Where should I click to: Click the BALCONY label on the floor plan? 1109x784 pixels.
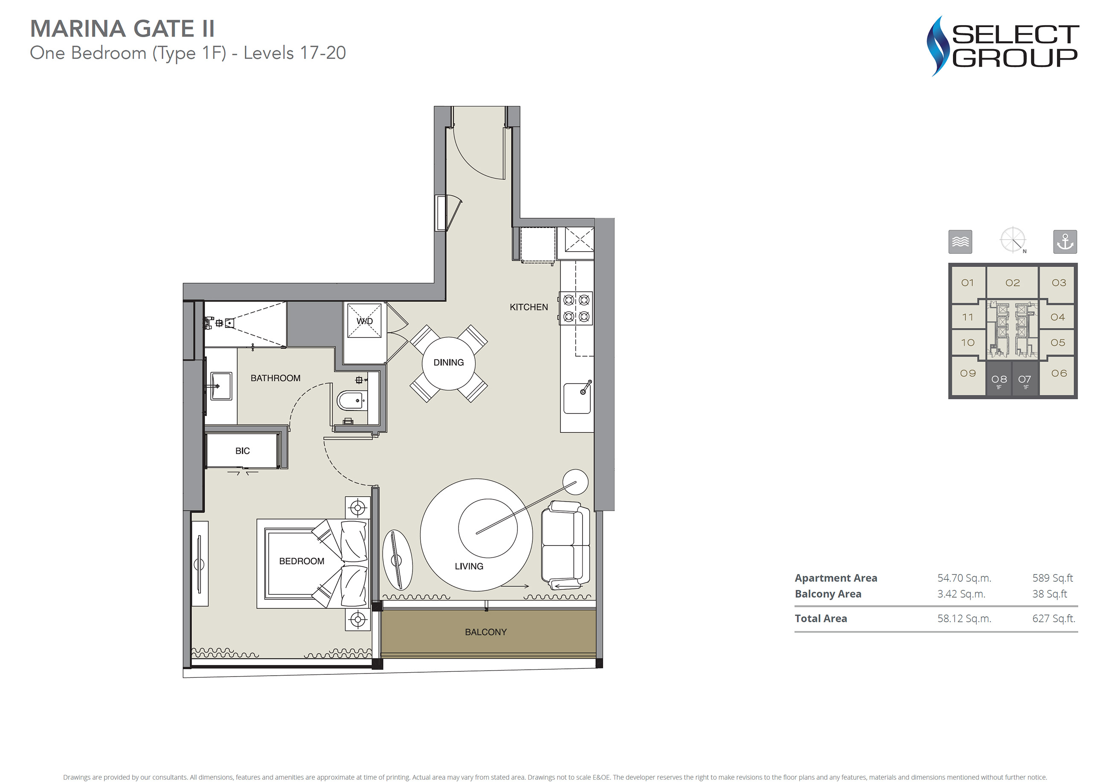coord(485,632)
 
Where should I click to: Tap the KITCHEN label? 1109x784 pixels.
coord(528,307)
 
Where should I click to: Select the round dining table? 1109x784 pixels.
coord(449,363)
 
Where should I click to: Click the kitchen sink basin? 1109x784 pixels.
coord(577,398)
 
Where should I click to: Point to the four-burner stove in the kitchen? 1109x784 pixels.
coord(576,308)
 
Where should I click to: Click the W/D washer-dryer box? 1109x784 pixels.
coord(365,320)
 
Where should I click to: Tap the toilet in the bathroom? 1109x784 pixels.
coord(351,401)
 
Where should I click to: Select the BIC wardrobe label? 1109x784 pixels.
coord(242,451)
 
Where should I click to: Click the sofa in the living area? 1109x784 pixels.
coord(565,545)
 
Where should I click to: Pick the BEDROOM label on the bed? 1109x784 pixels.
coord(302,561)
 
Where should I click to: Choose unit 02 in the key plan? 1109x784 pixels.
coord(1013,282)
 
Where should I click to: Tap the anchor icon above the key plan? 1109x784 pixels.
coord(1065,241)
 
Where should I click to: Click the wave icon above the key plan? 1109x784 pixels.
coord(960,241)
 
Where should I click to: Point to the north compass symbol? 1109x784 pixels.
coord(1013,240)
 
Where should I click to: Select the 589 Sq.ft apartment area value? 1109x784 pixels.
coord(1053,578)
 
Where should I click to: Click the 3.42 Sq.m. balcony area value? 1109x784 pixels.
coord(961,594)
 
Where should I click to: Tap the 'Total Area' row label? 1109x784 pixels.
coord(821,619)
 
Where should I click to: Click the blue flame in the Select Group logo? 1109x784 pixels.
coord(938,46)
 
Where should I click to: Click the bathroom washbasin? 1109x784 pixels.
coord(222,386)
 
